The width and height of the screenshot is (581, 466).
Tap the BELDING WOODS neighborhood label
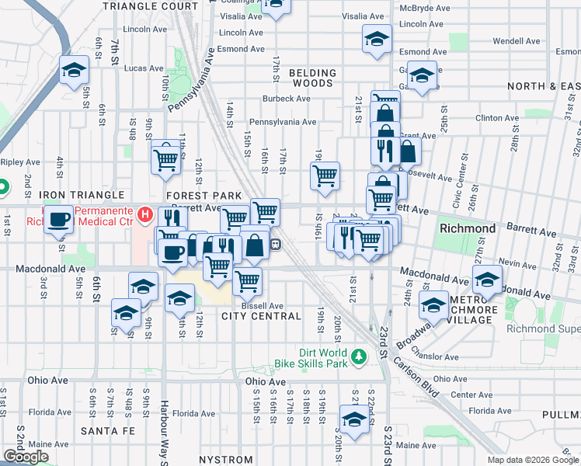pos(312,78)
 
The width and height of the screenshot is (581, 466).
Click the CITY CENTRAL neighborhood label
pos(261,316)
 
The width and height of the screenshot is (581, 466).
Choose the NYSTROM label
pos(226,460)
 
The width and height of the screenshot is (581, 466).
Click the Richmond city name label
pos(467,229)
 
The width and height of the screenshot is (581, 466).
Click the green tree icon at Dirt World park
pos(358,356)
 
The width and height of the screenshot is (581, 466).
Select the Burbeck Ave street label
pos(286,99)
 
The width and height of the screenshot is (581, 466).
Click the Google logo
pos(26,457)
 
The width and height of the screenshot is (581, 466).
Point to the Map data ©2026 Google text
pos(533,460)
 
